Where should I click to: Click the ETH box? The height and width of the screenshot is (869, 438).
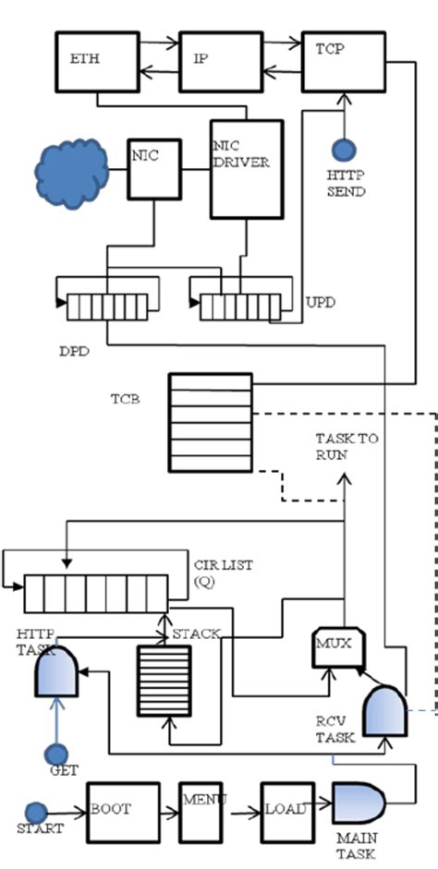(x=97, y=62)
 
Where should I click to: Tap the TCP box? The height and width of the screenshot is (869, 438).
(x=343, y=62)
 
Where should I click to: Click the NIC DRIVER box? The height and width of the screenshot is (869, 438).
(x=246, y=169)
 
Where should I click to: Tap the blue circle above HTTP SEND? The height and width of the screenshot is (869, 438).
(x=344, y=149)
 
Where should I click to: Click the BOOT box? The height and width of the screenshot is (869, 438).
(x=123, y=809)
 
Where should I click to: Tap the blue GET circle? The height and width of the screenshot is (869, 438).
(x=57, y=754)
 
